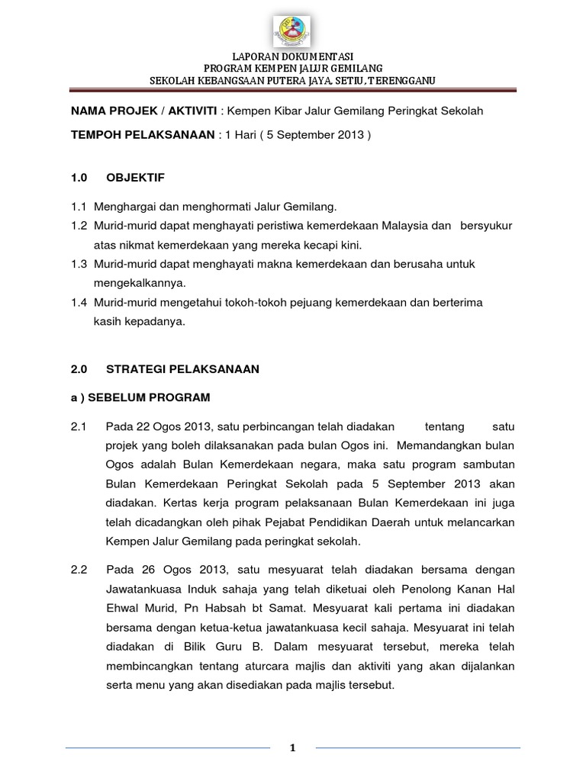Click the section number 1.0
coord(79,178)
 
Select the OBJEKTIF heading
coord(135,178)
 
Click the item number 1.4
coord(79,302)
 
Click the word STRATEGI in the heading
coord(134,369)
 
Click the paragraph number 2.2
coord(79,570)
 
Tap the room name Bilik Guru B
coord(228,647)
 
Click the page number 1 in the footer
coord(292,748)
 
